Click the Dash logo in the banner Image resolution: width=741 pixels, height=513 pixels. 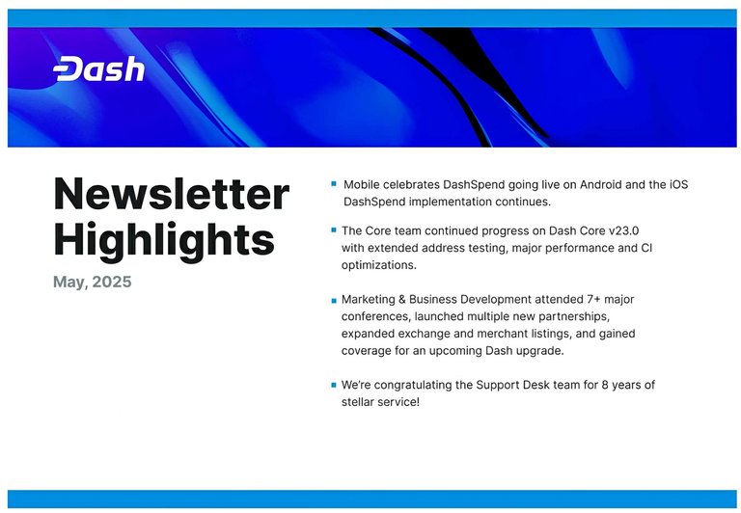click(x=98, y=69)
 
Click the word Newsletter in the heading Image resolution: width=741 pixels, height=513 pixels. click(x=171, y=194)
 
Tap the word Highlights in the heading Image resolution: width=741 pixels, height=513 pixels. click(x=164, y=240)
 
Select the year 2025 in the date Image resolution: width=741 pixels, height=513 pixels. click(x=112, y=282)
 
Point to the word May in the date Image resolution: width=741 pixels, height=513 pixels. click(x=69, y=283)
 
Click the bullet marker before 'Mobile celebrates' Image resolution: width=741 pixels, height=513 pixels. click(x=334, y=184)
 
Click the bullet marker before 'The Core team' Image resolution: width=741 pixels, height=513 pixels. click(x=334, y=230)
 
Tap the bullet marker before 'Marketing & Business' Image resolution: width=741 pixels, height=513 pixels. click(x=334, y=300)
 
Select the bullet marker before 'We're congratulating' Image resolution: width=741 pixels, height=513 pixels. click(x=334, y=385)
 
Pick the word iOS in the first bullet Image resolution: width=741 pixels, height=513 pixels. click(x=678, y=184)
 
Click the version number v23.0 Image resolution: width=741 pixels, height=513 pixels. click(x=624, y=230)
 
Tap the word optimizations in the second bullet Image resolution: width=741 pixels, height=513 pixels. click(x=379, y=265)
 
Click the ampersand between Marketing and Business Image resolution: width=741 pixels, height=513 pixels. click(x=402, y=300)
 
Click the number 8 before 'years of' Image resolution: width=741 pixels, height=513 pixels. click(x=605, y=385)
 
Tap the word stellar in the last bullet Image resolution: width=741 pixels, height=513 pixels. click(x=358, y=402)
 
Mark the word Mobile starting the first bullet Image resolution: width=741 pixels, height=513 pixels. click(x=362, y=184)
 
